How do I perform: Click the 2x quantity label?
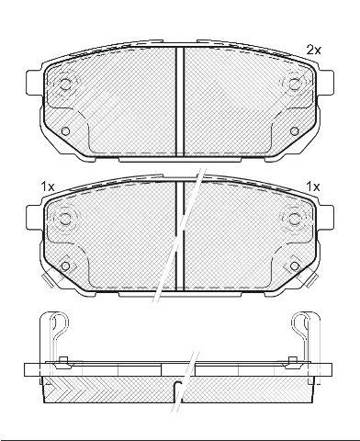[314, 50]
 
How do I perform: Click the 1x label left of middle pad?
[48, 187]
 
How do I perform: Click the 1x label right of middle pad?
[313, 187]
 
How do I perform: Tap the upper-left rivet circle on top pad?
[65, 85]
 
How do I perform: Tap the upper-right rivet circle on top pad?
[294, 84]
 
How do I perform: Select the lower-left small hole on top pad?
[65, 131]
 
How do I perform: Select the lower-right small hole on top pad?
[294, 131]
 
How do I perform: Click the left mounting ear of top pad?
[34, 82]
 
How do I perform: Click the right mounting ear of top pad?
[326, 82]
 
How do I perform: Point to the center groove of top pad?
[180, 101]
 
